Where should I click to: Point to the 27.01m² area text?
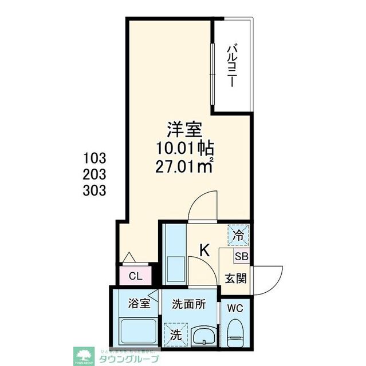click(183, 167)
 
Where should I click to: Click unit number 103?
click(95, 157)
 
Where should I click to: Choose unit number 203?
click(95, 174)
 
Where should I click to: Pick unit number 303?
click(95, 190)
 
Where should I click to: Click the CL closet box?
click(135, 277)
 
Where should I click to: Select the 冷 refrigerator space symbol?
click(239, 234)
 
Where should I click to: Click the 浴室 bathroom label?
click(139, 303)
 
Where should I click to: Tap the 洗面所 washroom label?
click(189, 303)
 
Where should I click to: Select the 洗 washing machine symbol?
click(175, 333)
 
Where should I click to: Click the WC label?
click(235, 308)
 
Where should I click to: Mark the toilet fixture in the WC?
click(235, 333)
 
